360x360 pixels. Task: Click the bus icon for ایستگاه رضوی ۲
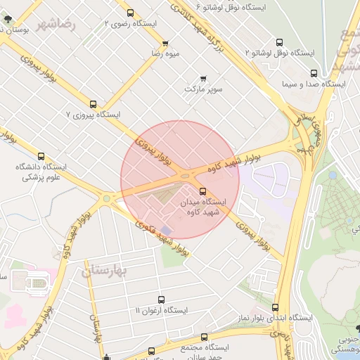[130, 13]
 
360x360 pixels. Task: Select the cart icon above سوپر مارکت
[203, 78]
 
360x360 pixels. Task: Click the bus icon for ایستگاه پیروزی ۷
[94, 103]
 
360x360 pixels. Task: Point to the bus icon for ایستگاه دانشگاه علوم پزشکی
[41, 157]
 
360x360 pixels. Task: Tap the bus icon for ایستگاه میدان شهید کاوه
[202, 191]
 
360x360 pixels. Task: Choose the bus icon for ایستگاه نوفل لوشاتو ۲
[279, 42]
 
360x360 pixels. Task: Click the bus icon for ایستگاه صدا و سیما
[314, 72]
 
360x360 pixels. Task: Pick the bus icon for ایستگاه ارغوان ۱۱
[162, 300]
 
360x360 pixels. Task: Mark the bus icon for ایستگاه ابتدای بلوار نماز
[275, 307]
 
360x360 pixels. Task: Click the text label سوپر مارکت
[203, 89]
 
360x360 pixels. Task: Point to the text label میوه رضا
[167, 53]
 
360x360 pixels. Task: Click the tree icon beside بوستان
[7, 20]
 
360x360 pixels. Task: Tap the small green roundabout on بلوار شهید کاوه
[106, 198]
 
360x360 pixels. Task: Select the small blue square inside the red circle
[167, 231]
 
